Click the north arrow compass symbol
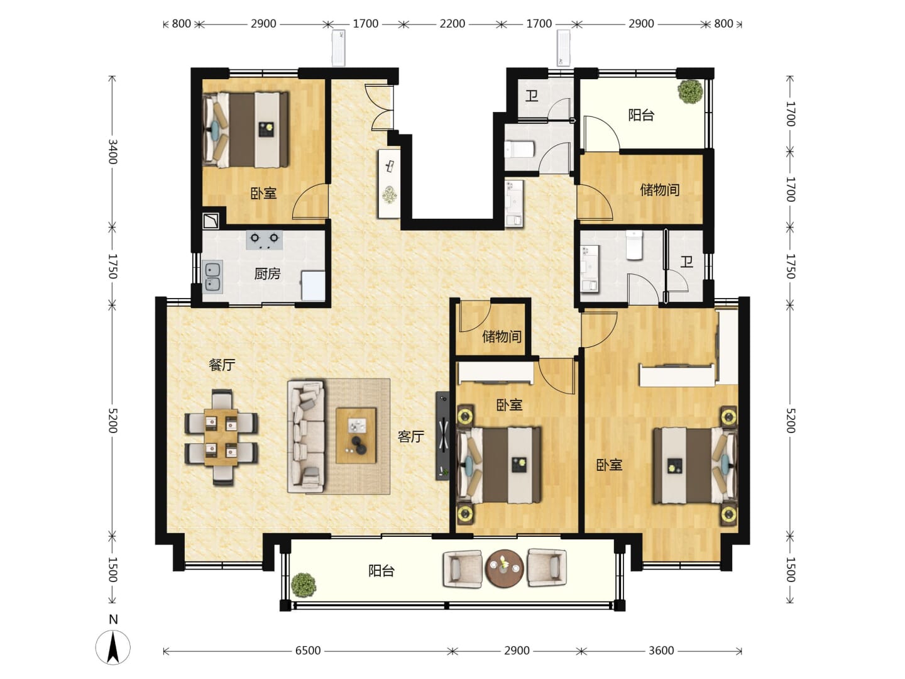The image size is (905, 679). (112, 646)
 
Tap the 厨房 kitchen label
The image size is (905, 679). (267, 273)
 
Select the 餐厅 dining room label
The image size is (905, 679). (222, 365)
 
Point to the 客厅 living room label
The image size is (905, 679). (410, 436)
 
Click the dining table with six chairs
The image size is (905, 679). (221, 437)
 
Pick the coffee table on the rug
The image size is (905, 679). (356, 436)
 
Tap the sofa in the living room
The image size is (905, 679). (306, 436)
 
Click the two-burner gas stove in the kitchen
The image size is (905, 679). (265, 240)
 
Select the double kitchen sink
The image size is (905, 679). (213, 277)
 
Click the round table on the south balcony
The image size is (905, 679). (504, 568)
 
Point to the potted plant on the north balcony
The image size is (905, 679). (691, 92)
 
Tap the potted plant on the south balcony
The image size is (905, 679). (304, 585)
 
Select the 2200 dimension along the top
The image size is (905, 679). (452, 24)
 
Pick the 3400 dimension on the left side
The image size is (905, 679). (112, 152)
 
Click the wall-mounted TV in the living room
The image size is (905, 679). (442, 435)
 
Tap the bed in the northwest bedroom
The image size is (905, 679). (246, 130)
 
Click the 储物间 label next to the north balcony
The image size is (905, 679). (660, 190)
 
